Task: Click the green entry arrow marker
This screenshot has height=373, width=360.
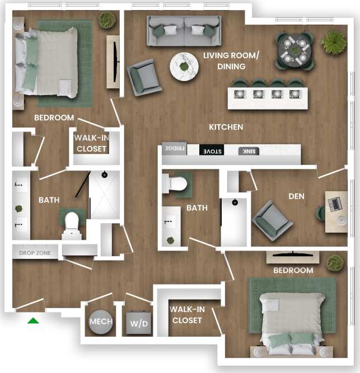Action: point(34,320)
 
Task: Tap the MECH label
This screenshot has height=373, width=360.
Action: point(101,322)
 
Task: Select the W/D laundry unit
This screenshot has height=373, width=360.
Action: point(138,323)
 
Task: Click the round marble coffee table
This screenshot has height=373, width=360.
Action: point(184,67)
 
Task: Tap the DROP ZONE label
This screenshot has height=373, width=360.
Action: point(35,253)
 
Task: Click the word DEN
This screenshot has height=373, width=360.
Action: point(296,196)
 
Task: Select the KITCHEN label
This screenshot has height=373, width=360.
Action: point(226,127)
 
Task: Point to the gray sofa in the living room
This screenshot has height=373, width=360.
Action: point(183,30)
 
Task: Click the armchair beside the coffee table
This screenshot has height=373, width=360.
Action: point(144,77)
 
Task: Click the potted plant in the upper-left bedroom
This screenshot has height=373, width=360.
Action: point(107,20)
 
